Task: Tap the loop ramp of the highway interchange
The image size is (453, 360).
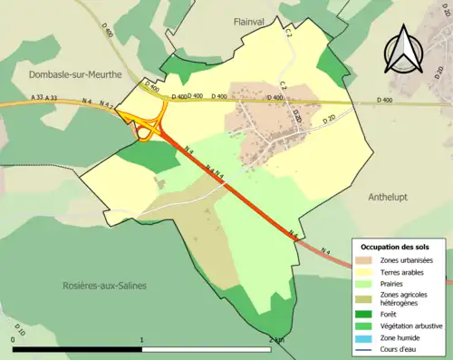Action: (143, 132)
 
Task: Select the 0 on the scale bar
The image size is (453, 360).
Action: (13, 339)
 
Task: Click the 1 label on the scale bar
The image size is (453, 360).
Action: (142, 339)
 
